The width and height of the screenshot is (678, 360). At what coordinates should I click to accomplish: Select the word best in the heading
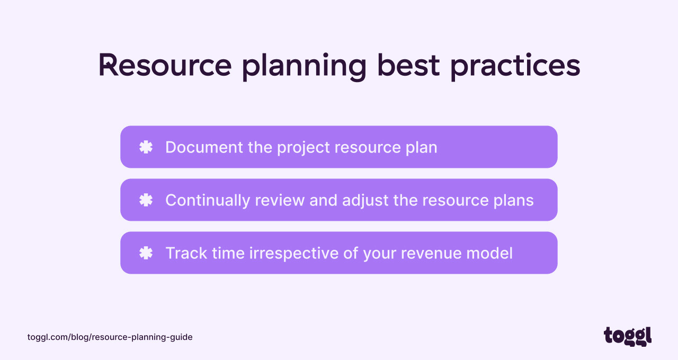(408, 66)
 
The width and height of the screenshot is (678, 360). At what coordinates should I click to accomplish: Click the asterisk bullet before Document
(146, 147)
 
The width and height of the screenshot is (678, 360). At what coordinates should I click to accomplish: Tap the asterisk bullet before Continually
(146, 200)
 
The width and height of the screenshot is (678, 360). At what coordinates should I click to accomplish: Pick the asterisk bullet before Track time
(146, 253)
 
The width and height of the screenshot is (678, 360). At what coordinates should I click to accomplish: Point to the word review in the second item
(280, 200)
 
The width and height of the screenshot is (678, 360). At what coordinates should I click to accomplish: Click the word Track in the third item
(186, 253)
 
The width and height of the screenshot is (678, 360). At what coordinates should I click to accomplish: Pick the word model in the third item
(490, 253)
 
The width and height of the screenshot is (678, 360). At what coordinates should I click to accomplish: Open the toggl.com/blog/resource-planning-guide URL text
(110, 337)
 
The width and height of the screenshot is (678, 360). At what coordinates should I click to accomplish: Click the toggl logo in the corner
(628, 336)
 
